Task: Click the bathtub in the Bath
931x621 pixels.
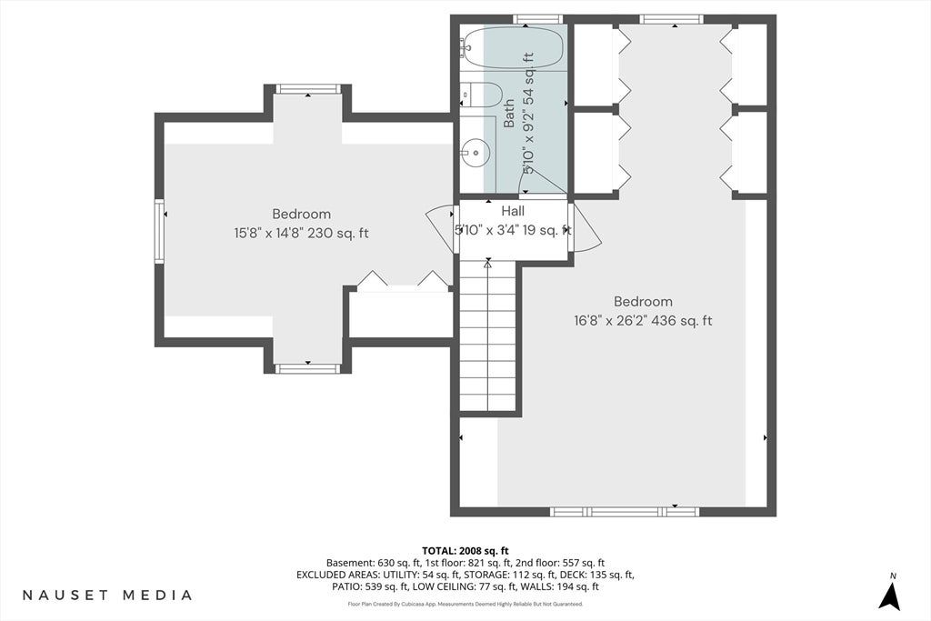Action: [x=512, y=47]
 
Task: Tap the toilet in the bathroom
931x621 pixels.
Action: [x=482, y=95]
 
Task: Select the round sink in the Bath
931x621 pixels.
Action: [x=476, y=153]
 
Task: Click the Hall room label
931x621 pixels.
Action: [x=513, y=211]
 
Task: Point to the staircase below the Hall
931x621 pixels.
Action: [x=488, y=336]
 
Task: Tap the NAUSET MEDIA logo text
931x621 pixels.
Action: [x=107, y=595]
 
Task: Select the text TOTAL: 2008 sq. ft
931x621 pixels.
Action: [x=465, y=551]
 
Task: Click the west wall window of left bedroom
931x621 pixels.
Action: [x=159, y=231]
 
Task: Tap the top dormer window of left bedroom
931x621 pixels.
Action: [x=307, y=89]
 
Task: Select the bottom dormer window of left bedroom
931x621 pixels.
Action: [x=307, y=368]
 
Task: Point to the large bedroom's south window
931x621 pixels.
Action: [x=624, y=511]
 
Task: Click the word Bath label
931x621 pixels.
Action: [x=509, y=113]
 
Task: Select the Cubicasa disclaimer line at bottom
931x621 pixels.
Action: [x=465, y=605]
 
